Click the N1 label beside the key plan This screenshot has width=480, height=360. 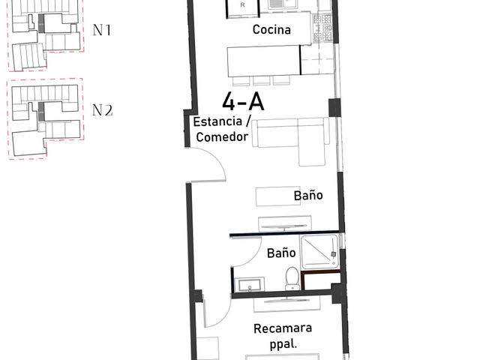pyautogui.click(x=102, y=30)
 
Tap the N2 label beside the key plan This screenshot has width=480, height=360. pyautogui.click(x=102, y=110)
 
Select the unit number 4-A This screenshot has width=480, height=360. pyautogui.click(x=243, y=102)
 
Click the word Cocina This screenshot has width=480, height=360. pyautogui.click(x=271, y=29)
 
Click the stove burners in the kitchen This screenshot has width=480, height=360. pyautogui.click(x=322, y=28)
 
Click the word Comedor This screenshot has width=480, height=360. pyautogui.click(x=222, y=136)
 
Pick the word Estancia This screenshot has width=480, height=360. pyautogui.click(x=217, y=121)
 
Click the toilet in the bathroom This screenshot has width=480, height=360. pyautogui.click(x=292, y=279)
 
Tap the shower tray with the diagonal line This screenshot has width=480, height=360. pyautogui.click(x=319, y=252)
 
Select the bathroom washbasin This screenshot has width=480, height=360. pyautogui.click(x=249, y=285)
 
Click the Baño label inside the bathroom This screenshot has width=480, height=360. pyautogui.click(x=281, y=253)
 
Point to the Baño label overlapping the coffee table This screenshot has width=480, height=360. pyautogui.click(x=308, y=196)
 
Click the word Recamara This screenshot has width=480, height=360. pyautogui.click(x=283, y=328)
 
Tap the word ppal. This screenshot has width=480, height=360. pyautogui.click(x=283, y=344)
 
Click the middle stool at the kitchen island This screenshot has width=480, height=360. pyautogui.click(x=262, y=81)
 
